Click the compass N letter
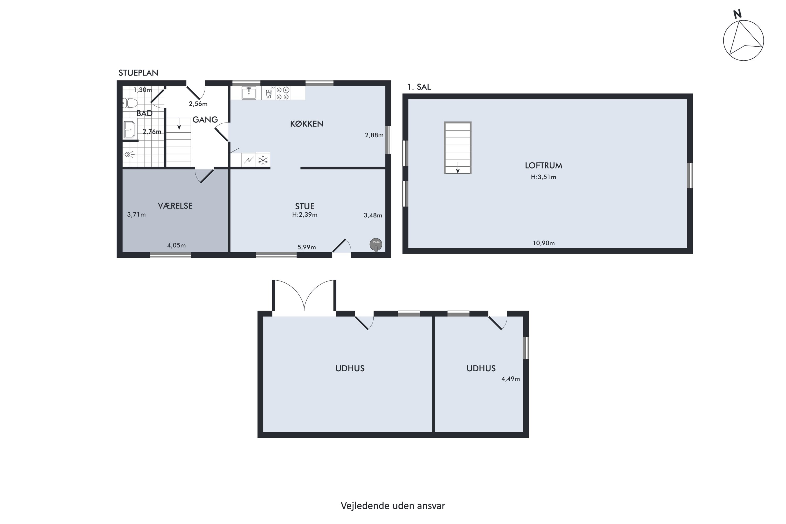pos(737,14)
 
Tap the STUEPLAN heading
pos(138,73)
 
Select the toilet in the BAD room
pos(130,103)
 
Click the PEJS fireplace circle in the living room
pos(376,244)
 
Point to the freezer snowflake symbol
pos(263,160)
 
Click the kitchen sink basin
pos(249,93)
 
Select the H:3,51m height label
pos(543,177)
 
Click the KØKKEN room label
pos(307,124)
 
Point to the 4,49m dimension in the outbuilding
pos(511,379)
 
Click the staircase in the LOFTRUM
pos(457,148)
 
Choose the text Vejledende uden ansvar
pos(393,506)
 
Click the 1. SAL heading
pos(419,87)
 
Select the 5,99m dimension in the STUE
pos(307,247)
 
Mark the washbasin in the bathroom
pos(129,130)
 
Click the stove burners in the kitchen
pos(283,93)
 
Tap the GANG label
pos(205,120)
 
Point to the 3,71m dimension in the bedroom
pos(136,215)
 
